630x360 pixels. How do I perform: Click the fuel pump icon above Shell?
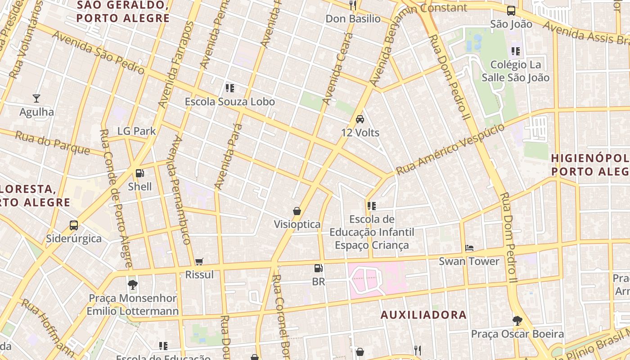(140, 173)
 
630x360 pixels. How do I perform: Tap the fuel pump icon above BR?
(318, 268)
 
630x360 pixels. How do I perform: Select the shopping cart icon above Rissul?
(199, 261)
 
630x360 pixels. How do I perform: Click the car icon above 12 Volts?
(360, 119)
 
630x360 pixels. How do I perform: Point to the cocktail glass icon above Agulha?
(36, 98)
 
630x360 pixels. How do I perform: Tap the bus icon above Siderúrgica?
(73, 225)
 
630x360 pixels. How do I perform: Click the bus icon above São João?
(511, 11)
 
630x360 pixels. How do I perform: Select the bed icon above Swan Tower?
(469, 248)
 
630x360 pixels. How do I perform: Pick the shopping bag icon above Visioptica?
(297, 211)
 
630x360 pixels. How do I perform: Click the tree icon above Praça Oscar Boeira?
(517, 320)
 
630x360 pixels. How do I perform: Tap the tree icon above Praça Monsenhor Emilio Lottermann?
(132, 284)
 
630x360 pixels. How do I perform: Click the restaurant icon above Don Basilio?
(353, 5)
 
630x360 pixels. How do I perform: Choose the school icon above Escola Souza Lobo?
(229, 88)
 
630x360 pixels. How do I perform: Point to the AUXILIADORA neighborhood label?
(423, 315)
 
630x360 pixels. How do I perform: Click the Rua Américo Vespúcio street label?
(450, 149)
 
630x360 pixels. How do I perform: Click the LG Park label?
(136, 131)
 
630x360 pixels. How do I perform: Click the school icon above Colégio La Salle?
(515, 51)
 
